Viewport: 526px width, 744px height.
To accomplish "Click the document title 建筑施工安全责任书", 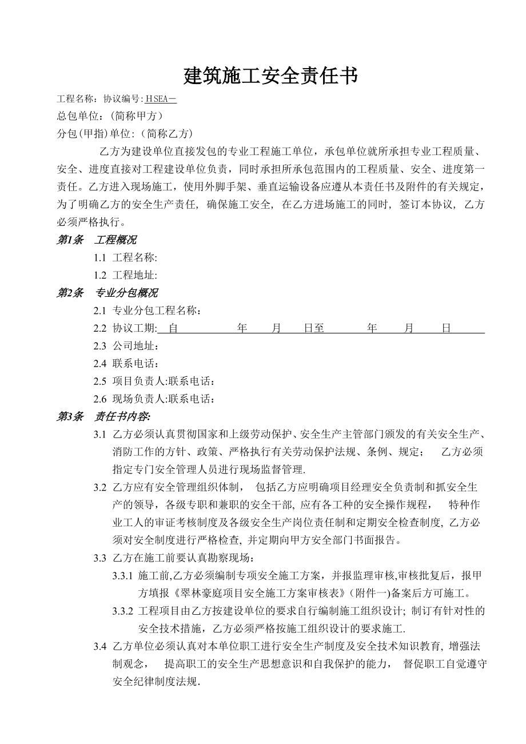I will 270,75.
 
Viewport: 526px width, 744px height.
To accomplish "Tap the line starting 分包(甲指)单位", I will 125,134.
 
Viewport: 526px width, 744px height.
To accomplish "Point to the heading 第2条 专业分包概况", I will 107,293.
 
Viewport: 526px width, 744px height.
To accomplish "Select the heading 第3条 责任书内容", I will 103,416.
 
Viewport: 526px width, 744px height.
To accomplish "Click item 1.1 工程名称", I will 126,258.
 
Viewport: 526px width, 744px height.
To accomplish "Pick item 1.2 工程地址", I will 126,275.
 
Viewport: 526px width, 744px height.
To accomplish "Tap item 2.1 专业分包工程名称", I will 148,311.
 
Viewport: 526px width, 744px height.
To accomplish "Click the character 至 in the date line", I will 319,328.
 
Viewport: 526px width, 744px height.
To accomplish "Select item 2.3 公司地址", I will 126,346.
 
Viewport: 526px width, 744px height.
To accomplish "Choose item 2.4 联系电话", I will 126,364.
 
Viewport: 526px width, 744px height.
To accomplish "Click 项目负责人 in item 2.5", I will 139,381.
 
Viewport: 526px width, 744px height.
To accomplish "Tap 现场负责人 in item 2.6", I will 139,399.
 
